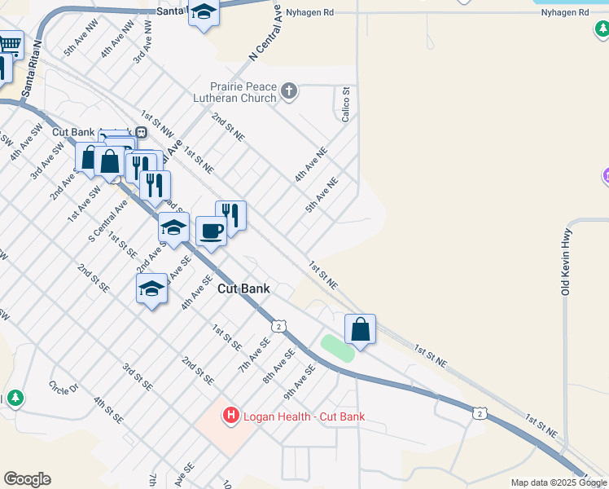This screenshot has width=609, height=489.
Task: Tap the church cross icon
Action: [x=290, y=91]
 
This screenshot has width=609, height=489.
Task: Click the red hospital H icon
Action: [x=231, y=416]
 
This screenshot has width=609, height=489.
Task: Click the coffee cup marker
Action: [x=211, y=232]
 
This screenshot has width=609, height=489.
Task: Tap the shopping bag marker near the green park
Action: [x=360, y=330]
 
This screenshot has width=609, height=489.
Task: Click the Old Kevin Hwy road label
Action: [x=565, y=260]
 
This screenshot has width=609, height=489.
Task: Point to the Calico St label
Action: [x=346, y=104]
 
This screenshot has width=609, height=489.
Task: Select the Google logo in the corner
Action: [x=27, y=479]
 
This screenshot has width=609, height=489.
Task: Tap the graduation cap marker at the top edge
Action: [x=204, y=12]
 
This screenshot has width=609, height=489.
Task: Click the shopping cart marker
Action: [x=10, y=44]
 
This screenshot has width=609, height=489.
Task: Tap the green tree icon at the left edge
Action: [x=15, y=399]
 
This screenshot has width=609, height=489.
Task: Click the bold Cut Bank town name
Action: [x=243, y=289]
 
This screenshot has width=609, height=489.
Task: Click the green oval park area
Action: [x=337, y=348]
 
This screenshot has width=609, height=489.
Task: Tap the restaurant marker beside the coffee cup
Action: [x=231, y=216]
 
